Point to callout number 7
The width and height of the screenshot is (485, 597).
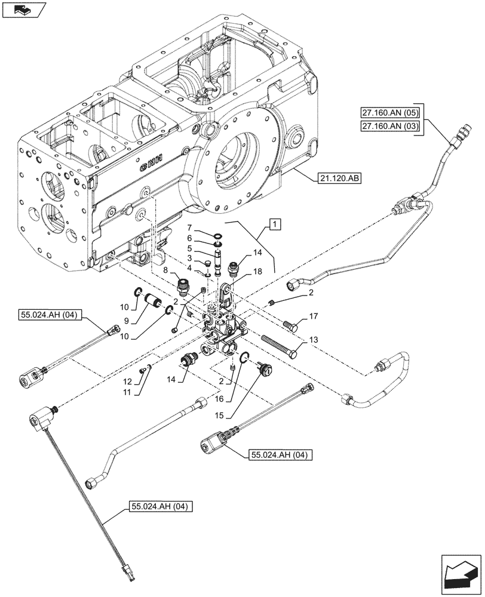coord(189,228)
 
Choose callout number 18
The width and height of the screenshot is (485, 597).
coord(258,270)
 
